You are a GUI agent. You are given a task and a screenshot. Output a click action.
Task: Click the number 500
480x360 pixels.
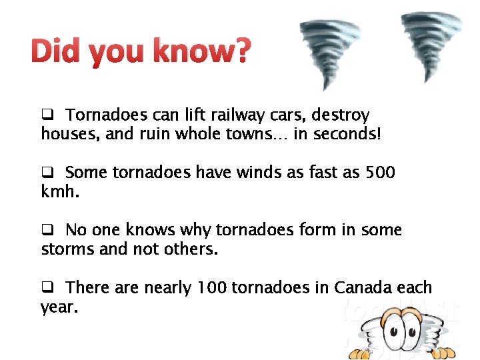point(381,173)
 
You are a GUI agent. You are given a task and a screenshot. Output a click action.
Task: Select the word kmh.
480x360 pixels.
point(60,192)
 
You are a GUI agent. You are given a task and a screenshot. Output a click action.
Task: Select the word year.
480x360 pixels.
point(59,307)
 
